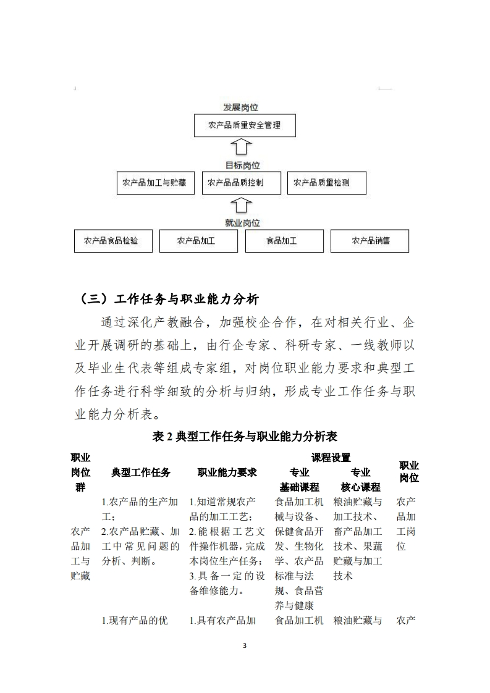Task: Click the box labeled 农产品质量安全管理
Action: [x=244, y=125]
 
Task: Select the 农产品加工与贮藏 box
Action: [x=155, y=183]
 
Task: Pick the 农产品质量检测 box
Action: [x=327, y=183]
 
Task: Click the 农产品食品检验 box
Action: [x=112, y=241]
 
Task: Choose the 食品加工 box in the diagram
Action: [x=284, y=241]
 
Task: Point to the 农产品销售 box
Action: [x=370, y=241]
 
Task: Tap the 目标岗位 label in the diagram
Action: [x=242, y=166]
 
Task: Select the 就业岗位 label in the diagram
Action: [x=242, y=223]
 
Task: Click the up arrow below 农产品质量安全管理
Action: [x=242, y=148]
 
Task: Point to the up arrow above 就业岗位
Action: [x=242, y=205]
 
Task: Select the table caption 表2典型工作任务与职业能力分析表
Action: [x=245, y=437]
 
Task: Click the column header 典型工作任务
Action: [x=141, y=472]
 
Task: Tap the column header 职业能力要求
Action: [x=227, y=472]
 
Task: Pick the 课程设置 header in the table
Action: [x=331, y=458]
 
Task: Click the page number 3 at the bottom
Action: [x=245, y=646]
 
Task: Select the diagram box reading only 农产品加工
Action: [x=198, y=241]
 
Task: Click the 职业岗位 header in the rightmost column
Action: [x=408, y=472]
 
